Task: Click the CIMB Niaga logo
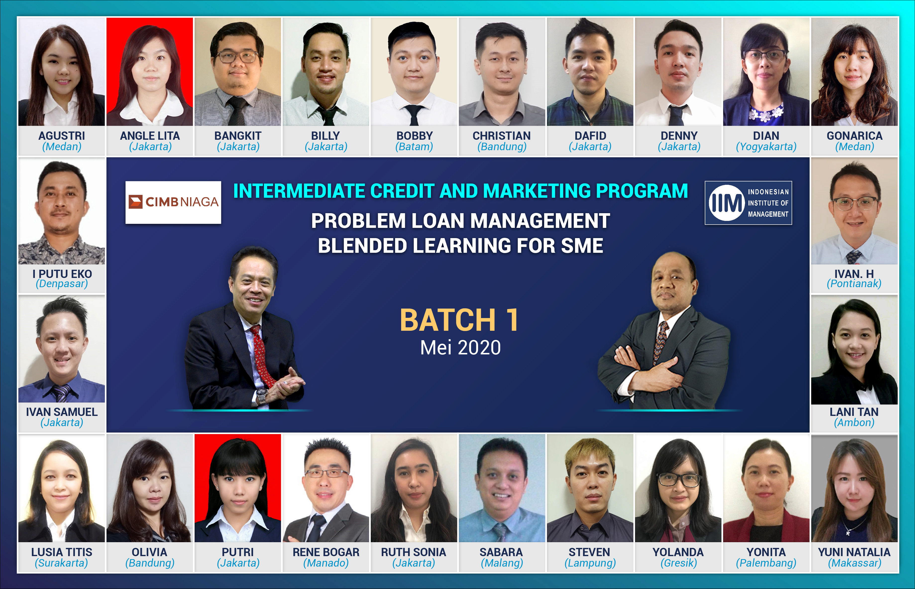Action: tap(173, 202)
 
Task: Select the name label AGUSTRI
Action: tap(61, 136)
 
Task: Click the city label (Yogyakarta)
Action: tap(766, 146)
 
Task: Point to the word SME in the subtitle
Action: tap(582, 246)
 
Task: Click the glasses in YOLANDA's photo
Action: tap(679, 479)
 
